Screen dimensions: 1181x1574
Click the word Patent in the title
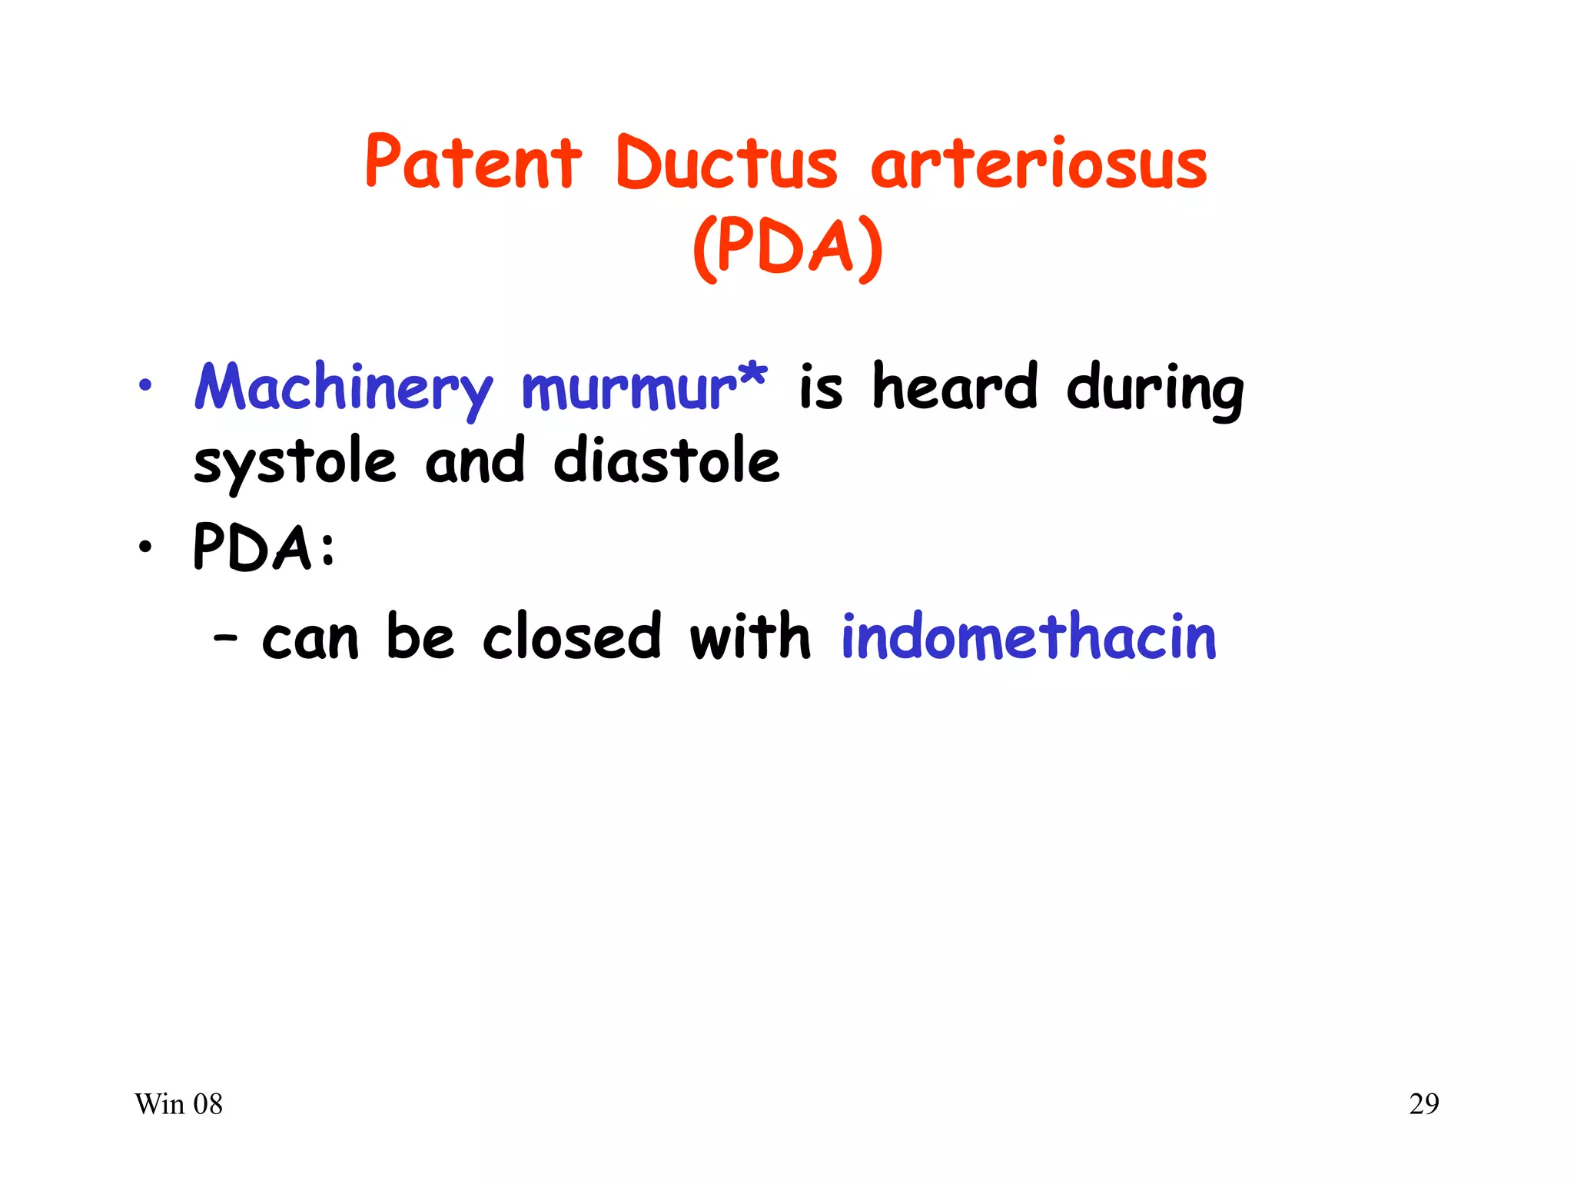coord(473,163)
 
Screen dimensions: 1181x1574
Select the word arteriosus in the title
coord(1038,163)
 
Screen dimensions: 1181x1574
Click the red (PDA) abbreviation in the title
coord(788,248)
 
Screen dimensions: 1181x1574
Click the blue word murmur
coord(629,388)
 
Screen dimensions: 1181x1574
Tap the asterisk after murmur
coord(752,375)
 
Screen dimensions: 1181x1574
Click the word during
coord(1154,388)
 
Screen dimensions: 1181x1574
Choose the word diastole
coord(666,461)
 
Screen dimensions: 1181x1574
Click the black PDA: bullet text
coord(264,547)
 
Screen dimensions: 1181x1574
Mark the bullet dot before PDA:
coord(145,547)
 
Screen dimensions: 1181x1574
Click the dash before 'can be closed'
coord(225,638)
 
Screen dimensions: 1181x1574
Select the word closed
coord(571,637)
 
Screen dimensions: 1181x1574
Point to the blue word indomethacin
coord(1028,637)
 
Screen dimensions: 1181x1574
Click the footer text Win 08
coord(178,1105)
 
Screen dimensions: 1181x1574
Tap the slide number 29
coord(1423,1105)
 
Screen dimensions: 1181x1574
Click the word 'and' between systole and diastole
coord(475,461)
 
